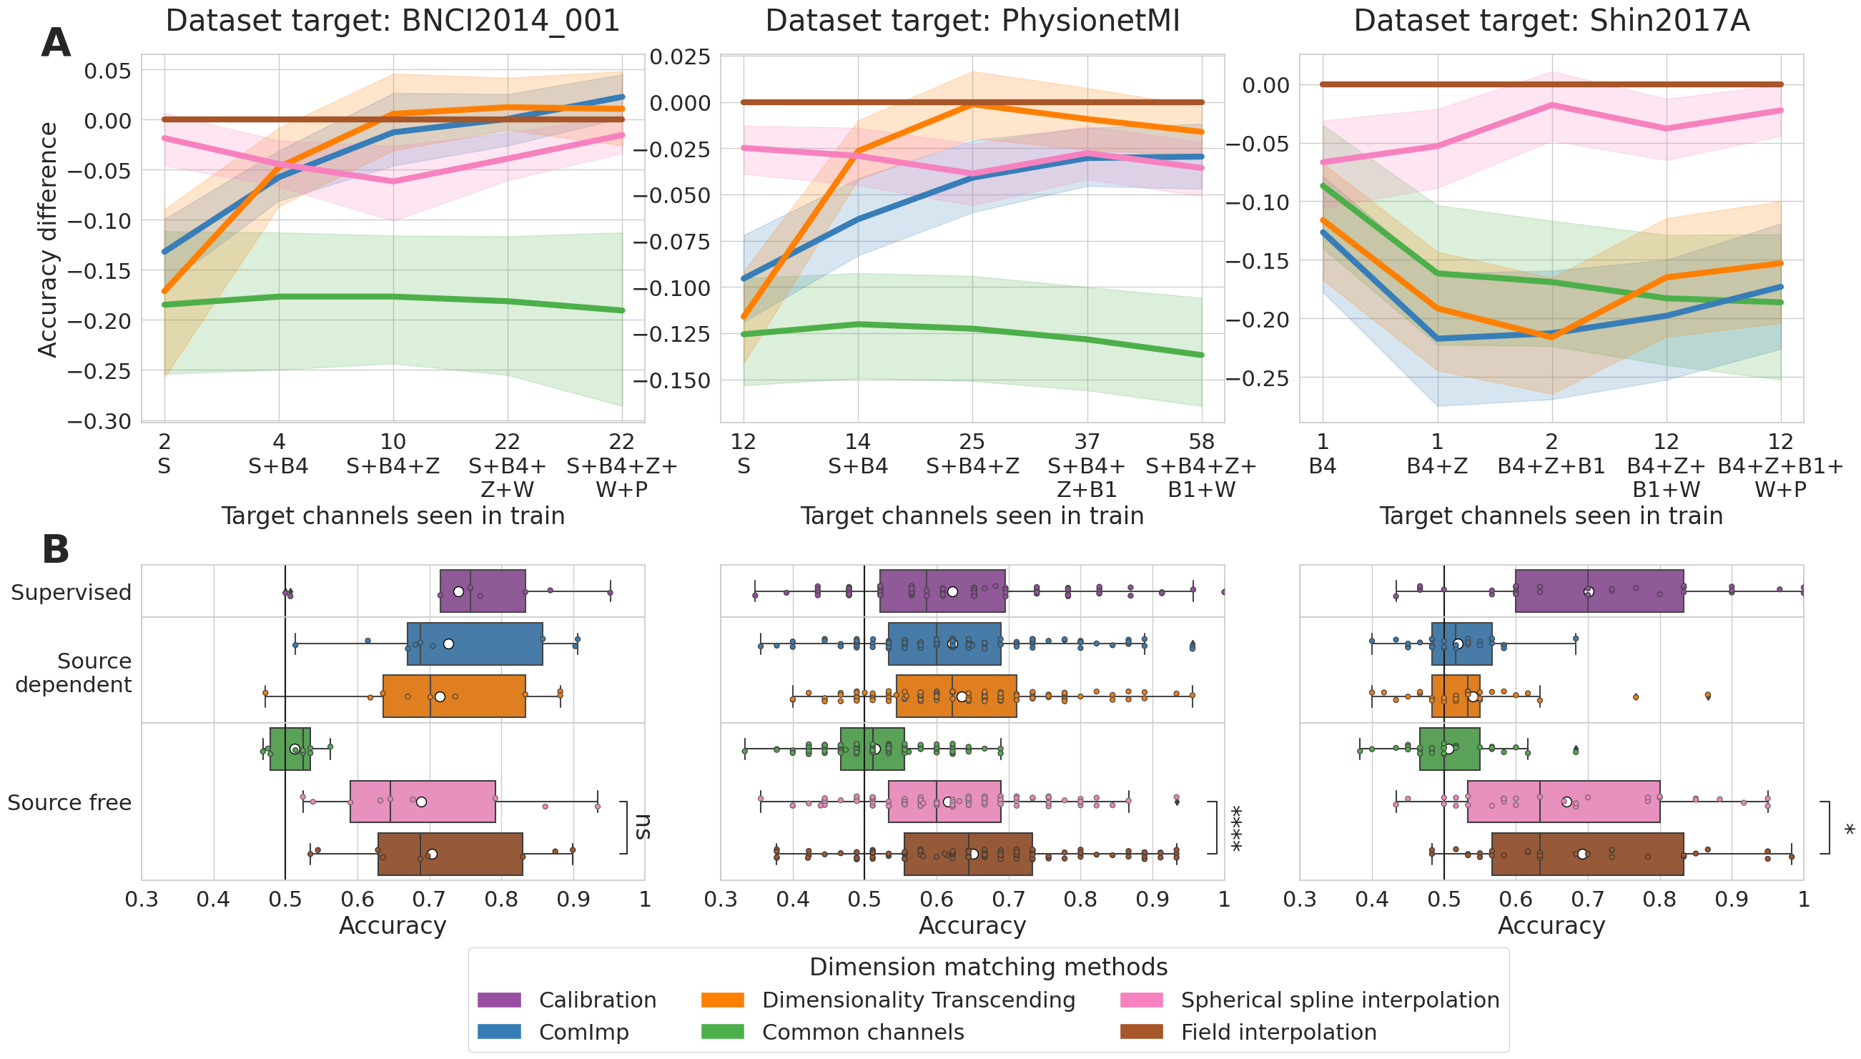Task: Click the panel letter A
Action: click(x=56, y=43)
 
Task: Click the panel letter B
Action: click(x=56, y=550)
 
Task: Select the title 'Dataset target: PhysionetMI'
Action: click(x=972, y=21)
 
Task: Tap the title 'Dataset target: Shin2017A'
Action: click(x=1551, y=21)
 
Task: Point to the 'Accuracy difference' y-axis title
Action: click(x=48, y=240)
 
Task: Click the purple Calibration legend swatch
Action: click(x=499, y=1000)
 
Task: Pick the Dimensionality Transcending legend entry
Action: click(x=918, y=1000)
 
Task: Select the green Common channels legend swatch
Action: click(x=722, y=1032)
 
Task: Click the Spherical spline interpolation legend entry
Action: click(x=1340, y=1000)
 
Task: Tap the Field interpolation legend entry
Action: click(x=1278, y=1032)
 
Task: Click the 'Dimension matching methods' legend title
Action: click(x=988, y=967)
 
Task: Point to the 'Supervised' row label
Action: click(x=71, y=592)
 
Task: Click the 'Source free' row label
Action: click(x=70, y=802)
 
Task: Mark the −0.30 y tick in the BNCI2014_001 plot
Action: click(x=99, y=421)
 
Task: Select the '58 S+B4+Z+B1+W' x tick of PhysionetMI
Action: click(x=1201, y=466)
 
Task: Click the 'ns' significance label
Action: click(x=643, y=827)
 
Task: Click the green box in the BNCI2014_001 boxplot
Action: click(x=290, y=749)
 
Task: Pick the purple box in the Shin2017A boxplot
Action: click(x=1599, y=591)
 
